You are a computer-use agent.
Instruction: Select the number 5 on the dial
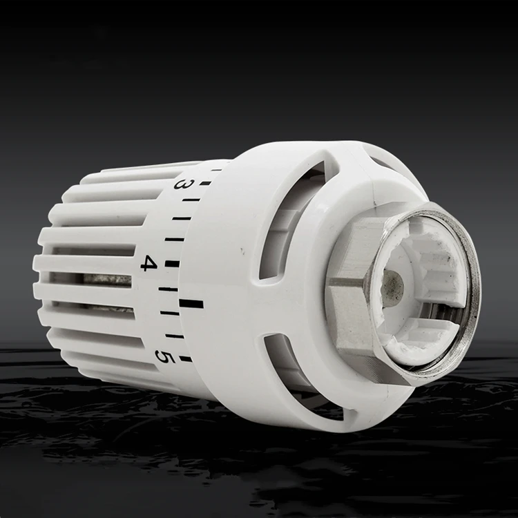(164, 356)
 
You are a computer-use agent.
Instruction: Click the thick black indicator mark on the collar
(191, 303)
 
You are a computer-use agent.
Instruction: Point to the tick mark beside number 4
(172, 264)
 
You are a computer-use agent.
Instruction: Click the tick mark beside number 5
(185, 358)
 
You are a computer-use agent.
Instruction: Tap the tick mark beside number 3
(204, 184)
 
